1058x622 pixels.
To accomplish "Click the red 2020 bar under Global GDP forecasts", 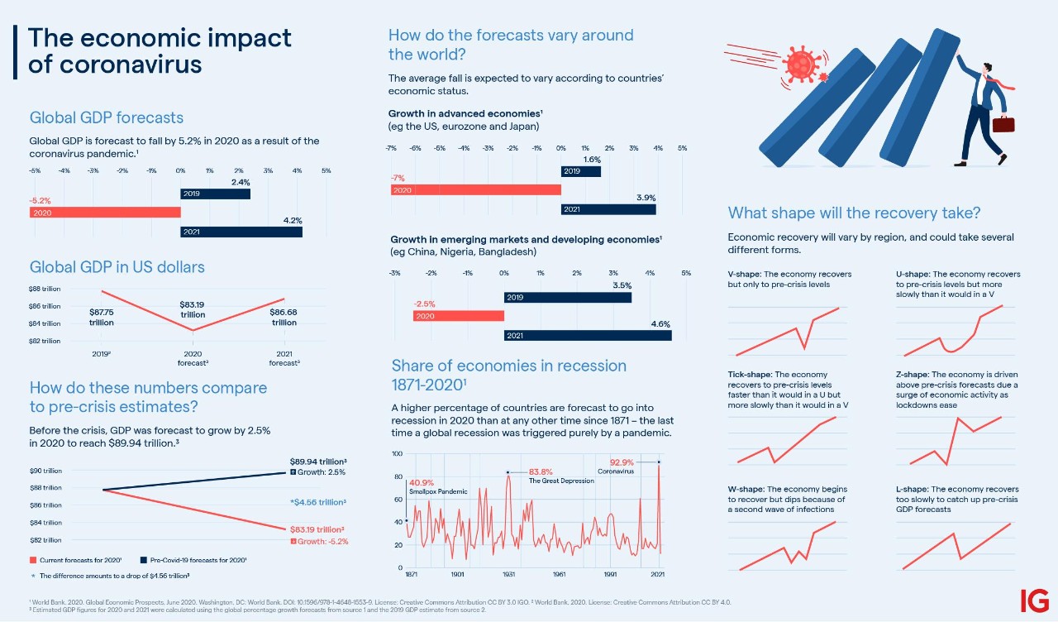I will (105, 213).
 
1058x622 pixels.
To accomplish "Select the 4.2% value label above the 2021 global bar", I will (292, 221).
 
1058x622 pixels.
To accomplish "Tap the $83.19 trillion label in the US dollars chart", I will (193, 309).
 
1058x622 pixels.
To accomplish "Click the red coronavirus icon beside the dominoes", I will (799, 64).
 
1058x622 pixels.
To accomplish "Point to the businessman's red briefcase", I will (1003, 124).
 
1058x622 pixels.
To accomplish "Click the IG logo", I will (1034, 600).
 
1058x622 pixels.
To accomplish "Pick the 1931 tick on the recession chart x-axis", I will (509, 574).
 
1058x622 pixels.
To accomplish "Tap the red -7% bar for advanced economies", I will (475, 190).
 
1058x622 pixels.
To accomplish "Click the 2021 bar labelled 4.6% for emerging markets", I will (588, 335).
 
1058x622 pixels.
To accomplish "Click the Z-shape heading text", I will (913, 374).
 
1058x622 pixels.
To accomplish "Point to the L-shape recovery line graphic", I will (956, 546).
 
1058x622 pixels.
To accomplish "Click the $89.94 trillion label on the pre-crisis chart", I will (317, 462).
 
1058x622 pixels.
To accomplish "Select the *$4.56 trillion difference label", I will (317, 502).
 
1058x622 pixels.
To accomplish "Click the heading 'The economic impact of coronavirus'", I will (160, 51).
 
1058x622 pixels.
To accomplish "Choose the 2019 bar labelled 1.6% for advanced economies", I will (580, 171).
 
